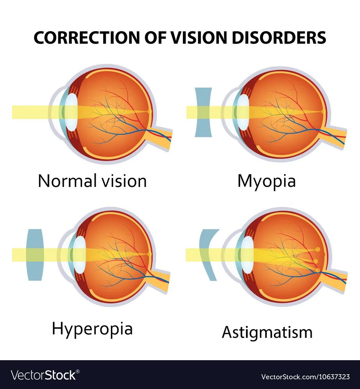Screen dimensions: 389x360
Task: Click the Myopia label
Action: pos(266,181)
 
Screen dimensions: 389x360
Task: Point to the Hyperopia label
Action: pos(93,329)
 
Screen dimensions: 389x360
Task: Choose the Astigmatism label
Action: pos(267,332)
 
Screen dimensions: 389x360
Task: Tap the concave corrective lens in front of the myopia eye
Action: pos(203,112)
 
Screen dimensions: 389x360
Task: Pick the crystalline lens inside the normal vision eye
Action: pos(72,112)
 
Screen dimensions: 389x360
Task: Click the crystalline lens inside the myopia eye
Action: pos(243,112)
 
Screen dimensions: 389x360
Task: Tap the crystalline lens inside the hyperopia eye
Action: pos(78,254)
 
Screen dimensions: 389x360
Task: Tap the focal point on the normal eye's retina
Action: pos(149,112)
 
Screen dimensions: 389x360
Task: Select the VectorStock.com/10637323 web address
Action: pos(305,377)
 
